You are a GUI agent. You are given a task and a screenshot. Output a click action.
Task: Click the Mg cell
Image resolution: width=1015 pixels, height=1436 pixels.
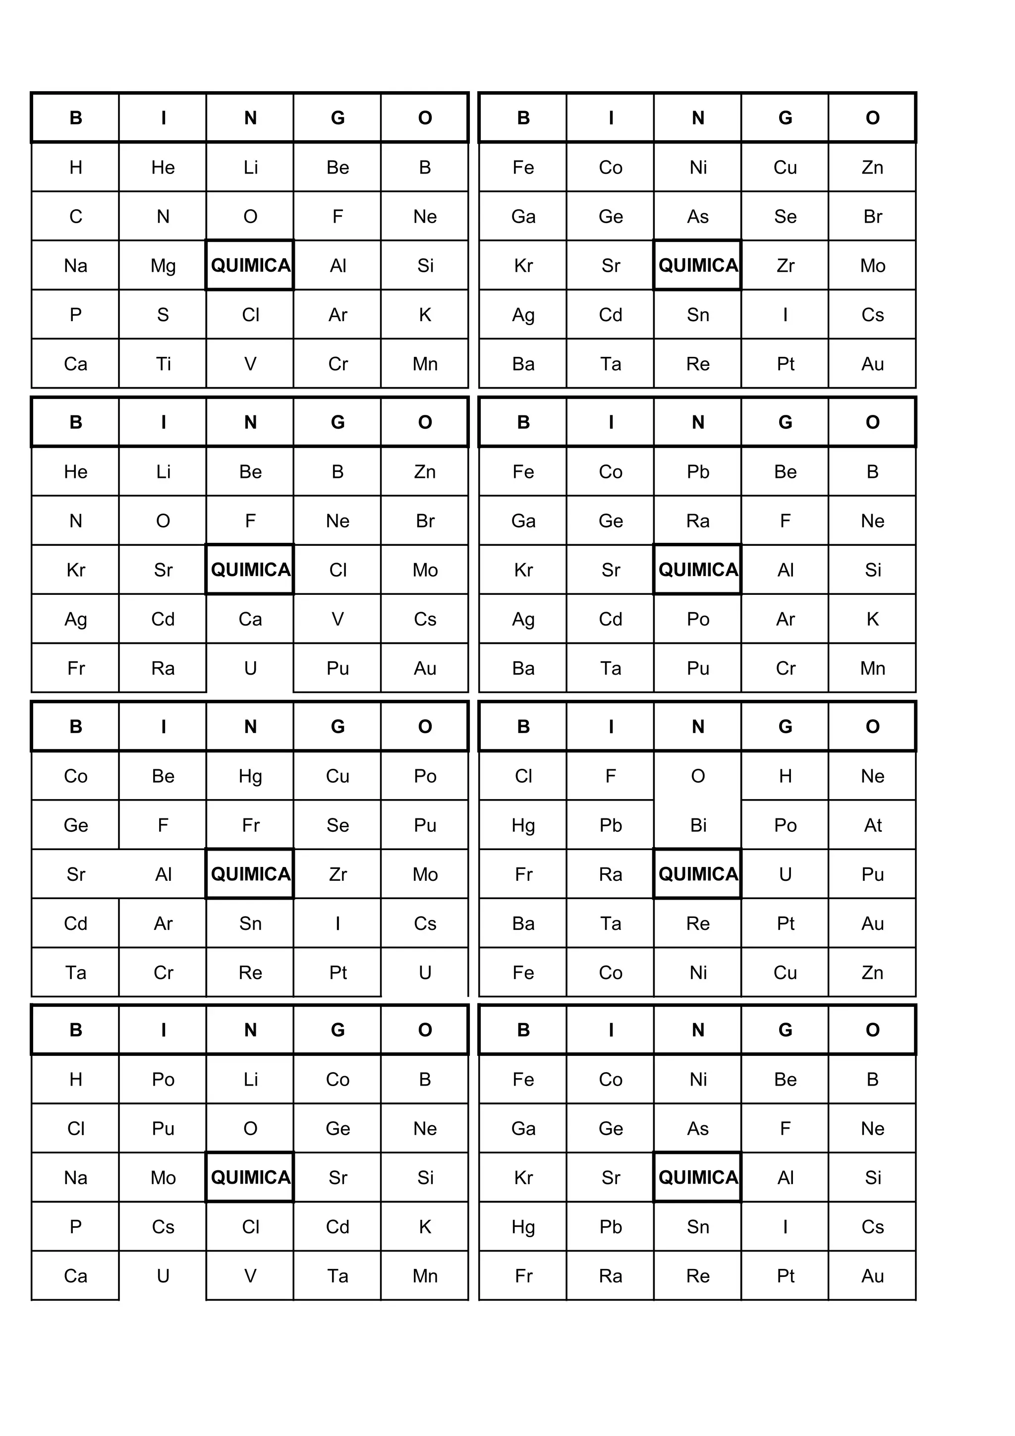pyautogui.click(x=163, y=266)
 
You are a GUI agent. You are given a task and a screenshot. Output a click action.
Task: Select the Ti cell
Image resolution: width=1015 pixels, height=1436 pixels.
pyautogui.click(x=163, y=364)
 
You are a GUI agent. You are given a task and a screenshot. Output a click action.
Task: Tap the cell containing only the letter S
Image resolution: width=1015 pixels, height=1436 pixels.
pyautogui.click(x=163, y=315)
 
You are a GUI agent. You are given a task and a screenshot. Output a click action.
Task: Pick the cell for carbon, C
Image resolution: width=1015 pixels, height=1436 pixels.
pyautogui.click(x=76, y=217)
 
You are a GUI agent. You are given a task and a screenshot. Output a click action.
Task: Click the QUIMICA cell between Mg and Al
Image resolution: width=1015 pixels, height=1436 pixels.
pyautogui.click(x=250, y=266)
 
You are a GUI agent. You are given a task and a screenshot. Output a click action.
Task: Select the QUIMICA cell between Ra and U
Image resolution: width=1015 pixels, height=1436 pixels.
pyautogui.click(x=698, y=874)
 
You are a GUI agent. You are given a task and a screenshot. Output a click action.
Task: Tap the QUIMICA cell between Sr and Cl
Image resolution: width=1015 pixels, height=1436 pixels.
pyautogui.click(x=250, y=570)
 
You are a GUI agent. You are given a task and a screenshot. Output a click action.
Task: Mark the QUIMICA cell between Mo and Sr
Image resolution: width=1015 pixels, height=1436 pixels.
pyautogui.click(x=250, y=1178)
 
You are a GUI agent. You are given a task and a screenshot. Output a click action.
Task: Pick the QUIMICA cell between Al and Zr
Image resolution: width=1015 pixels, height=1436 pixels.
pyautogui.click(x=250, y=874)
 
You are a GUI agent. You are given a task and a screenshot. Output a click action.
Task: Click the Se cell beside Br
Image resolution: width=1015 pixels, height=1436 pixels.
pyautogui.click(x=786, y=217)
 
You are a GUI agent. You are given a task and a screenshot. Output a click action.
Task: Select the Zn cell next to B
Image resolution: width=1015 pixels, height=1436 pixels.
pyautogui.click(x=425, y=471)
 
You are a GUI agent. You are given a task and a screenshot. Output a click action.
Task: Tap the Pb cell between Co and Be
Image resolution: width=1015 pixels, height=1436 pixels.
pyautogui.click(x=698, y=471)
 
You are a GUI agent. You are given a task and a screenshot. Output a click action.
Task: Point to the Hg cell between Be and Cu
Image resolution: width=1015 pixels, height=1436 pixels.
pyautogui.click(x=250, y=776)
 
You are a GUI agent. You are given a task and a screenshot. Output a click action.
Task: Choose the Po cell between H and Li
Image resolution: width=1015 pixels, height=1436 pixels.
pyautogui.click(x=163, y=1080)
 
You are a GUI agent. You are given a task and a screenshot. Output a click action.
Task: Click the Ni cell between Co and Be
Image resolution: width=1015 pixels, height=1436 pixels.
pyautogui.click(x=698, y=1080)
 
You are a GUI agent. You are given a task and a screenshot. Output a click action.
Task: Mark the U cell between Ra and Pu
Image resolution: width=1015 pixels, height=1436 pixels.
pyautogui.click(x=250, y=669)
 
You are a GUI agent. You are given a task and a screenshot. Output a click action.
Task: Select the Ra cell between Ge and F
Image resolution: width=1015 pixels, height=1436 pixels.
pyautogui.click(x=698, y=521)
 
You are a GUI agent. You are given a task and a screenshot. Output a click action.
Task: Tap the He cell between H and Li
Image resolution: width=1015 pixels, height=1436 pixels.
pyautogui.click(x=163, y=168)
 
